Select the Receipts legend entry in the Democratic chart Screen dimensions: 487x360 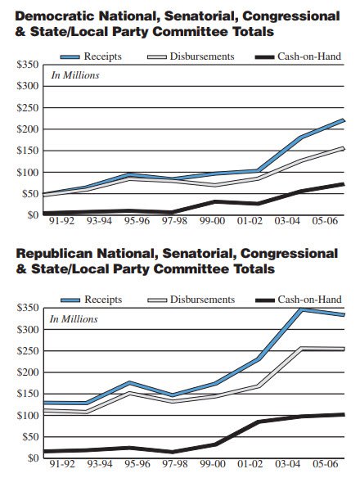pyautogui.click(x=102, y=56)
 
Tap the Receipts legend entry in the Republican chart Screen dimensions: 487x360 pyautogui.click(x=102, y=300)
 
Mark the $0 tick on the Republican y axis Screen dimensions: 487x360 pyautogui.click(x=30, y=458)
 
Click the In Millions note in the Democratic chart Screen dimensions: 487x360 pyautogui.click(x=75, y=75)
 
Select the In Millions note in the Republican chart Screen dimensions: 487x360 pyautogui.click(x=75, y=319)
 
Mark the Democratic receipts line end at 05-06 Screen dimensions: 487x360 pyautogui.click(x=342, y=120)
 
